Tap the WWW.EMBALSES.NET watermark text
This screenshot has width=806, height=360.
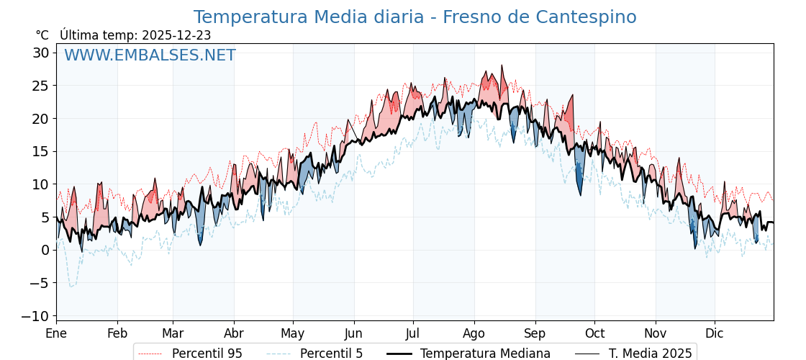pos(150,55)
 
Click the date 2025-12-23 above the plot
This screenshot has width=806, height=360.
pos(176,35)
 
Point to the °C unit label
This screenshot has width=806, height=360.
pos(42,35)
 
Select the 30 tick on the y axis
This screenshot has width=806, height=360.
pos(40,53)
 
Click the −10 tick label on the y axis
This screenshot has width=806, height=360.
pos(35,316)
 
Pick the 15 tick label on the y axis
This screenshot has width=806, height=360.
pos(40,151)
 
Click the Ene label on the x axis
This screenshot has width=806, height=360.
pos(56,333)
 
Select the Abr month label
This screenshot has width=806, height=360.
pos(234,333)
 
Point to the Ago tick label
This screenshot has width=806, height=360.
pos(474,333)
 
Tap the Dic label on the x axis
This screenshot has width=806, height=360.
pos(715,333)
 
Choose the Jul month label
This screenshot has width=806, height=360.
pos(413,333)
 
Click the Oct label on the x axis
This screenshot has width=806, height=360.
pos(594,333)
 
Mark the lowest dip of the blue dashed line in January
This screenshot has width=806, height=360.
pos(71,287)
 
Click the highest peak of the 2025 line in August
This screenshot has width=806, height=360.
pos(502,66)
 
